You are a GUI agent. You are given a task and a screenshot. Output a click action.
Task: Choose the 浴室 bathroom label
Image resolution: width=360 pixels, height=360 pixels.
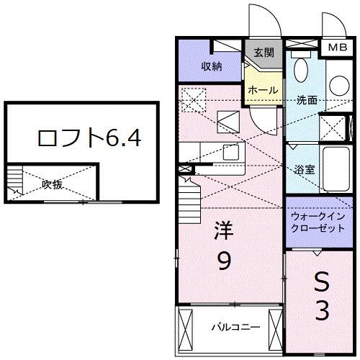pyautogui.click(x=304, y=170)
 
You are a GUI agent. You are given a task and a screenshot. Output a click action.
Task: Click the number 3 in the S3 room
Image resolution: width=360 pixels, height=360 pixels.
pyautogui.click(x=322, y=311)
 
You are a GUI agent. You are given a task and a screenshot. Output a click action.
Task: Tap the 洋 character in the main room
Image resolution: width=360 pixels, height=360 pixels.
pyautogui.click(x=223, y=233)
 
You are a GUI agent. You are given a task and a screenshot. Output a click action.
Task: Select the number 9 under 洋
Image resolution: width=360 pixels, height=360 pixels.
pyautogui.click(x=224, y=264)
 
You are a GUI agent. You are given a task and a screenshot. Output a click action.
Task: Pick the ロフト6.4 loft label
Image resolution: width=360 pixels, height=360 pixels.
pyautogui.click(x=81, y=137)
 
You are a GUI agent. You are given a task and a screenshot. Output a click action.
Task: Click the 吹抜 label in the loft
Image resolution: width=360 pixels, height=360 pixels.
pyautogui.click(x=52, y=183)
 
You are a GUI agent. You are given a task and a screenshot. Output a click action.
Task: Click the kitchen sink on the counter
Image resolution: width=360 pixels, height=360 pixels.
pyautogui.click(x=230, y=152)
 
